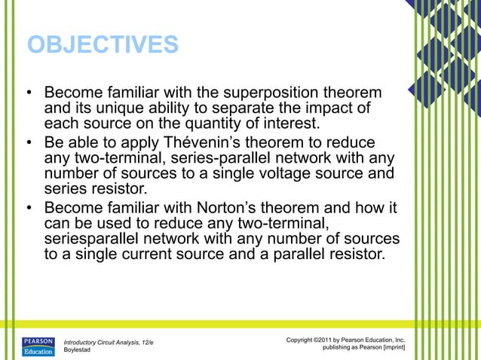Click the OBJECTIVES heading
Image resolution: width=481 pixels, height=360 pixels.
point(103,44)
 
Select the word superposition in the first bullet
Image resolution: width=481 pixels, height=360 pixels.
point(260,94)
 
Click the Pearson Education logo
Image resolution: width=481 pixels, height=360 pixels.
point(38,346)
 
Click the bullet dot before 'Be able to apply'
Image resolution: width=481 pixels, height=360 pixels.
point(28,144)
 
